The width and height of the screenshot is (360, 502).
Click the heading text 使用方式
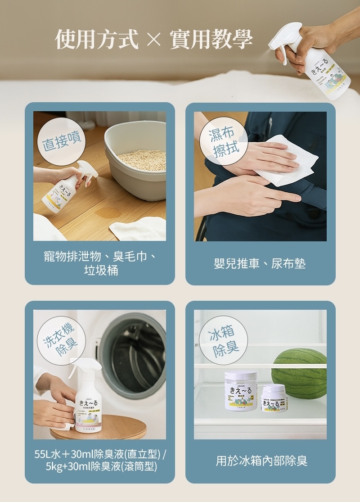[96, 39]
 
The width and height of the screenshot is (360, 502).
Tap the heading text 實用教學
[211, 39]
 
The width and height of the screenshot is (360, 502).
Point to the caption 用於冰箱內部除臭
[261, 461]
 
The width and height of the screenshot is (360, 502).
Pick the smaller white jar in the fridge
[274, 398]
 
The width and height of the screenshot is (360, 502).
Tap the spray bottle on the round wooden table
[90, 401]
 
